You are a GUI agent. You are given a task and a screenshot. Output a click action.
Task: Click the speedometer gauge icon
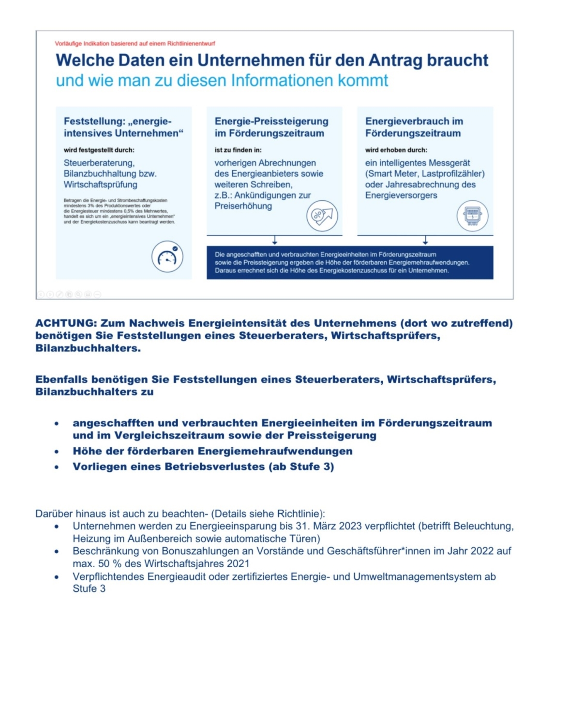(167, 257)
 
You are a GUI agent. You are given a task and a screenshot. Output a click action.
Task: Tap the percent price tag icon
(322, 216)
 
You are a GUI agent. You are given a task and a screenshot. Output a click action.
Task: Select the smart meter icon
(473, 215)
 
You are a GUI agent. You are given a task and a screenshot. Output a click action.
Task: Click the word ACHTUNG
(66, 323)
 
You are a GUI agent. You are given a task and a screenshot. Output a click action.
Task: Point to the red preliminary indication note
(135, 44)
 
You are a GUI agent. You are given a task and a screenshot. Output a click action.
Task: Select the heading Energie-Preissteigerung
(271, 121)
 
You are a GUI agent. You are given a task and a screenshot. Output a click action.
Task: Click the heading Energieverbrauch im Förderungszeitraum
(414, 127)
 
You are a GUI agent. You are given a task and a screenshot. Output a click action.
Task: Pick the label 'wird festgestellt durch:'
(99, 150)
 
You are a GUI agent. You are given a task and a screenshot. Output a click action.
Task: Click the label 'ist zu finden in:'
(238, 150)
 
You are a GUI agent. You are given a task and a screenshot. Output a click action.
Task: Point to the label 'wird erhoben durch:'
(396, 150)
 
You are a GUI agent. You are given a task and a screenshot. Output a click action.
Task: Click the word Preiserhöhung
(243, 206)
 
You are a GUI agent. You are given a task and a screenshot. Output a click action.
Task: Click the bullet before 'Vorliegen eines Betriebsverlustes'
(57, 467)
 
